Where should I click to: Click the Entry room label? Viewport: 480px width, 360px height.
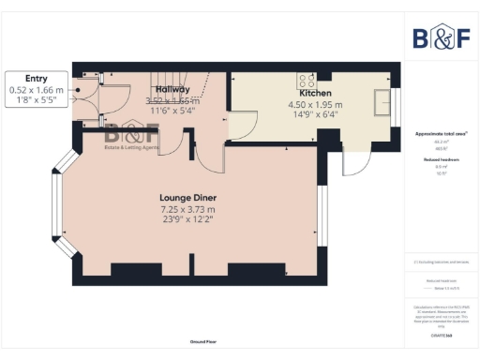[37, 80]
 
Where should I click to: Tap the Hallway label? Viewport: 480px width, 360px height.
[172, 89]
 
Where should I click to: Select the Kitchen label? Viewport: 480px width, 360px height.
[314, 94]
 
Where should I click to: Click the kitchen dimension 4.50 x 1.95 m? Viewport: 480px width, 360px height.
[315, 105]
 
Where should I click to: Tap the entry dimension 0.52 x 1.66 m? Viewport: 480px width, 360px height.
[37, 90]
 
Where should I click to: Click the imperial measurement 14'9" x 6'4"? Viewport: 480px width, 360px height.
[315, 116]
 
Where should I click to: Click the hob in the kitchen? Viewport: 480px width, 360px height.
[307, 80]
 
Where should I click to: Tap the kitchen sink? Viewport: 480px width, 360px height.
[382, 99]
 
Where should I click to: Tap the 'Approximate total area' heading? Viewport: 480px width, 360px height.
[441, 134]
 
